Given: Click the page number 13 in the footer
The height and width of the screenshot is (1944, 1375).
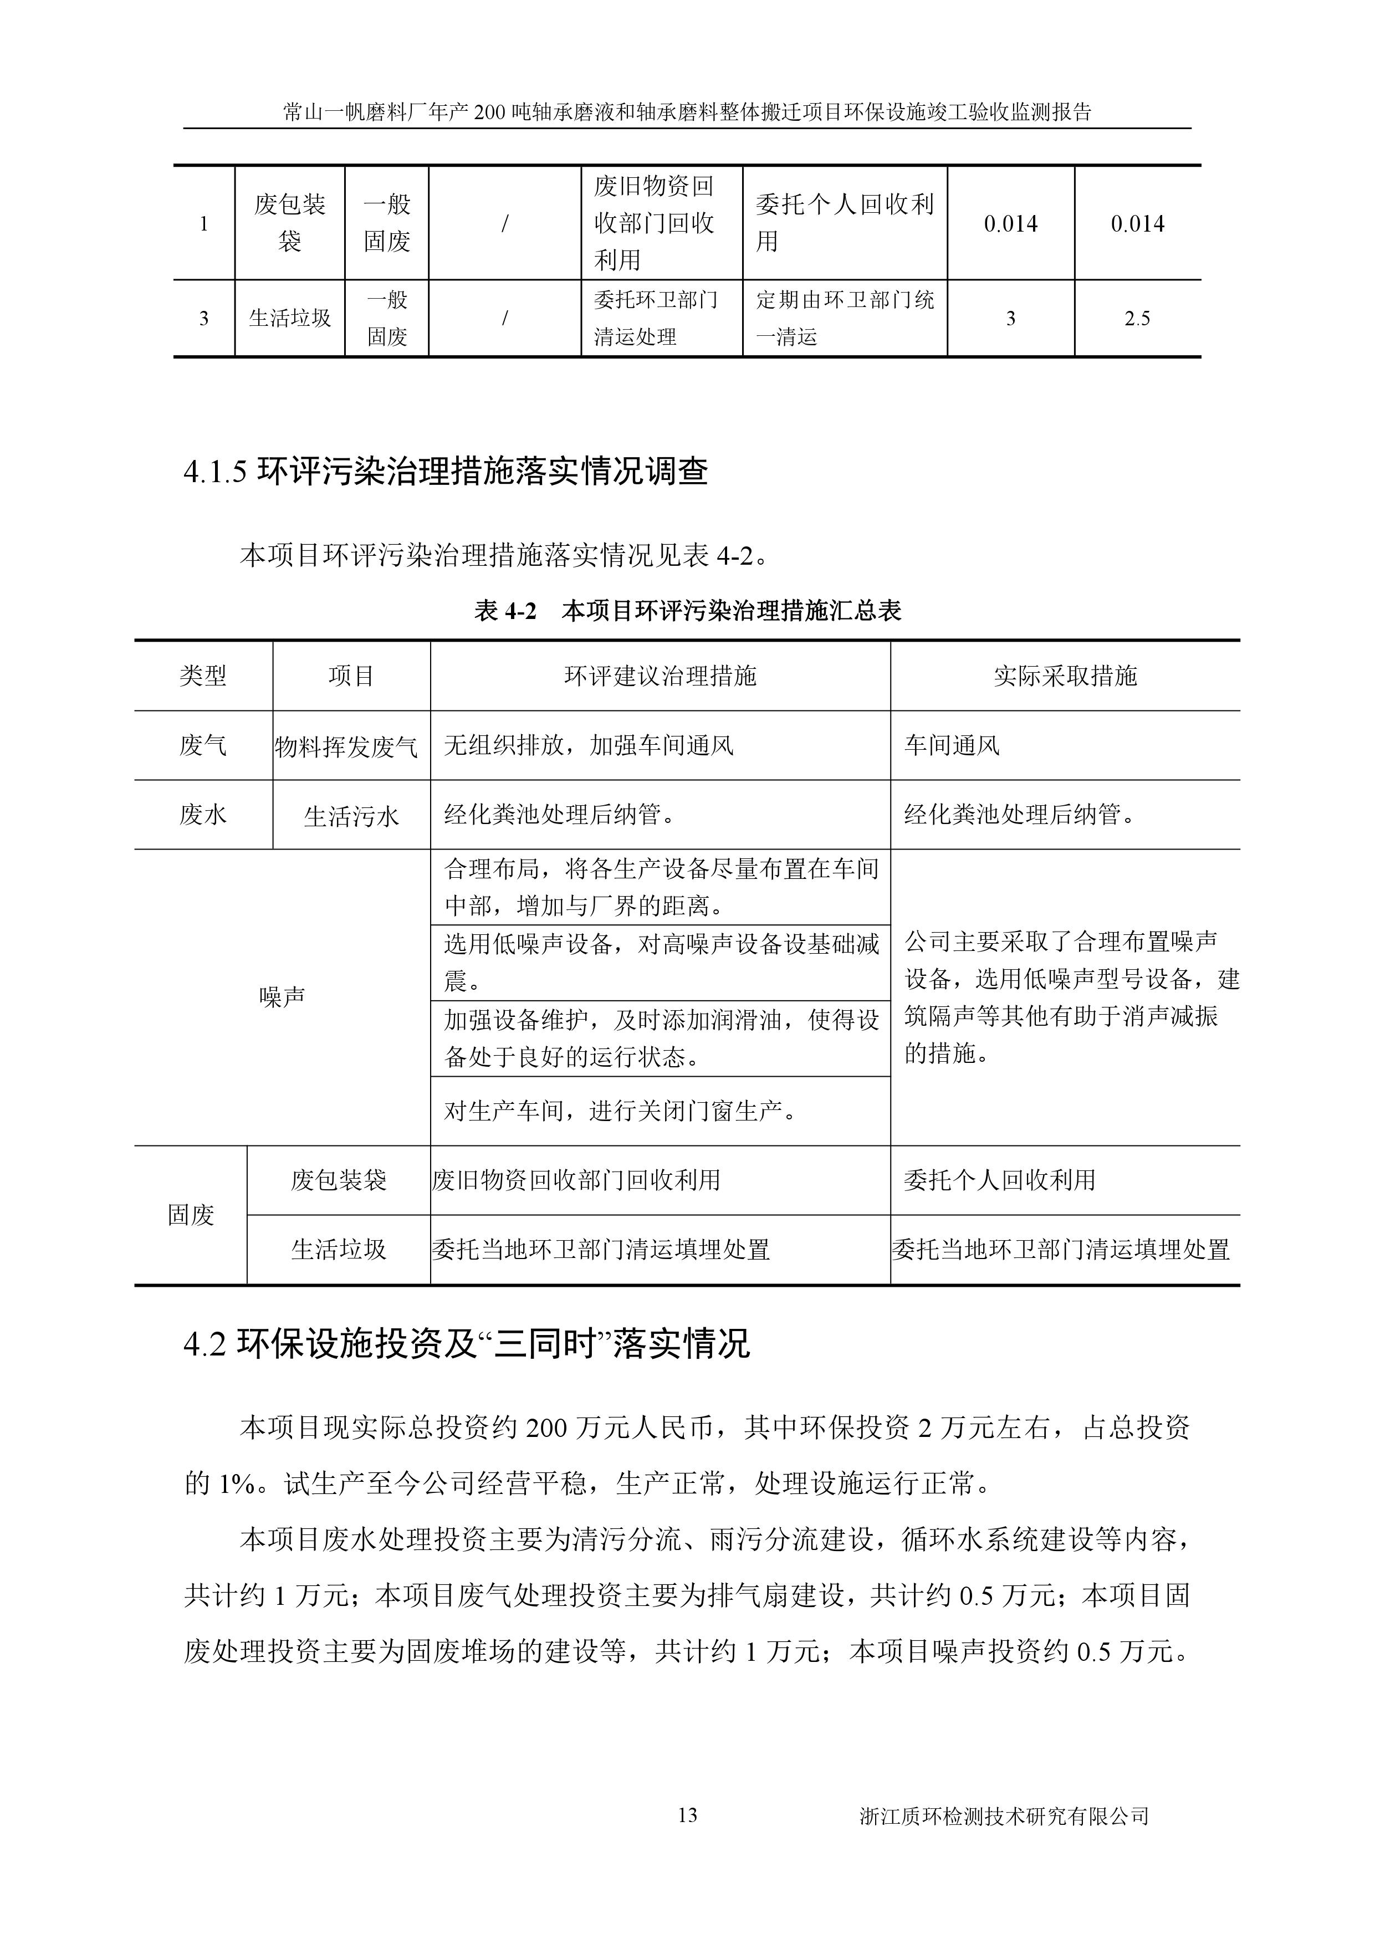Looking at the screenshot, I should coord(687,1814).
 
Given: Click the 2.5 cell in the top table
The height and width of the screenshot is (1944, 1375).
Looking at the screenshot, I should coord(1137,318).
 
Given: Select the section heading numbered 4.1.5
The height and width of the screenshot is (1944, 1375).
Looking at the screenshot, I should coord(446,472).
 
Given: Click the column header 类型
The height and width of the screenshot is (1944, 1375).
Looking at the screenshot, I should coord(203,676).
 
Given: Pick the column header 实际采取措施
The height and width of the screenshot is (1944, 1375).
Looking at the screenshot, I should coord(1065,676).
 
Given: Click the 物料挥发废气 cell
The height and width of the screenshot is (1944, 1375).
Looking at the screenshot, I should coord(346,746).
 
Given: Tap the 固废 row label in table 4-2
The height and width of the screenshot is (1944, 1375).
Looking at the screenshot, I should coord(191,1215).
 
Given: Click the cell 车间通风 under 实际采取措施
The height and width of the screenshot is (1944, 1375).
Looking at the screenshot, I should coord(952,746).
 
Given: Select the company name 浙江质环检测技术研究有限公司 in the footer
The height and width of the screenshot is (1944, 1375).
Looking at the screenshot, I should coord(1003,1816).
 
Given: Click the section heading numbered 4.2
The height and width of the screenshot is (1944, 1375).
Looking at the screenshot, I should coord(467,1344).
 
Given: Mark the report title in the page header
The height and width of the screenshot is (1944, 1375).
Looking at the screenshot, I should coord(687,112).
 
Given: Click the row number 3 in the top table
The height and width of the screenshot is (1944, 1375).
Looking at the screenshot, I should coord(203,318).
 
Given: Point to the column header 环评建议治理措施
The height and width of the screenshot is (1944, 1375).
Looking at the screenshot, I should coord(660,676).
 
